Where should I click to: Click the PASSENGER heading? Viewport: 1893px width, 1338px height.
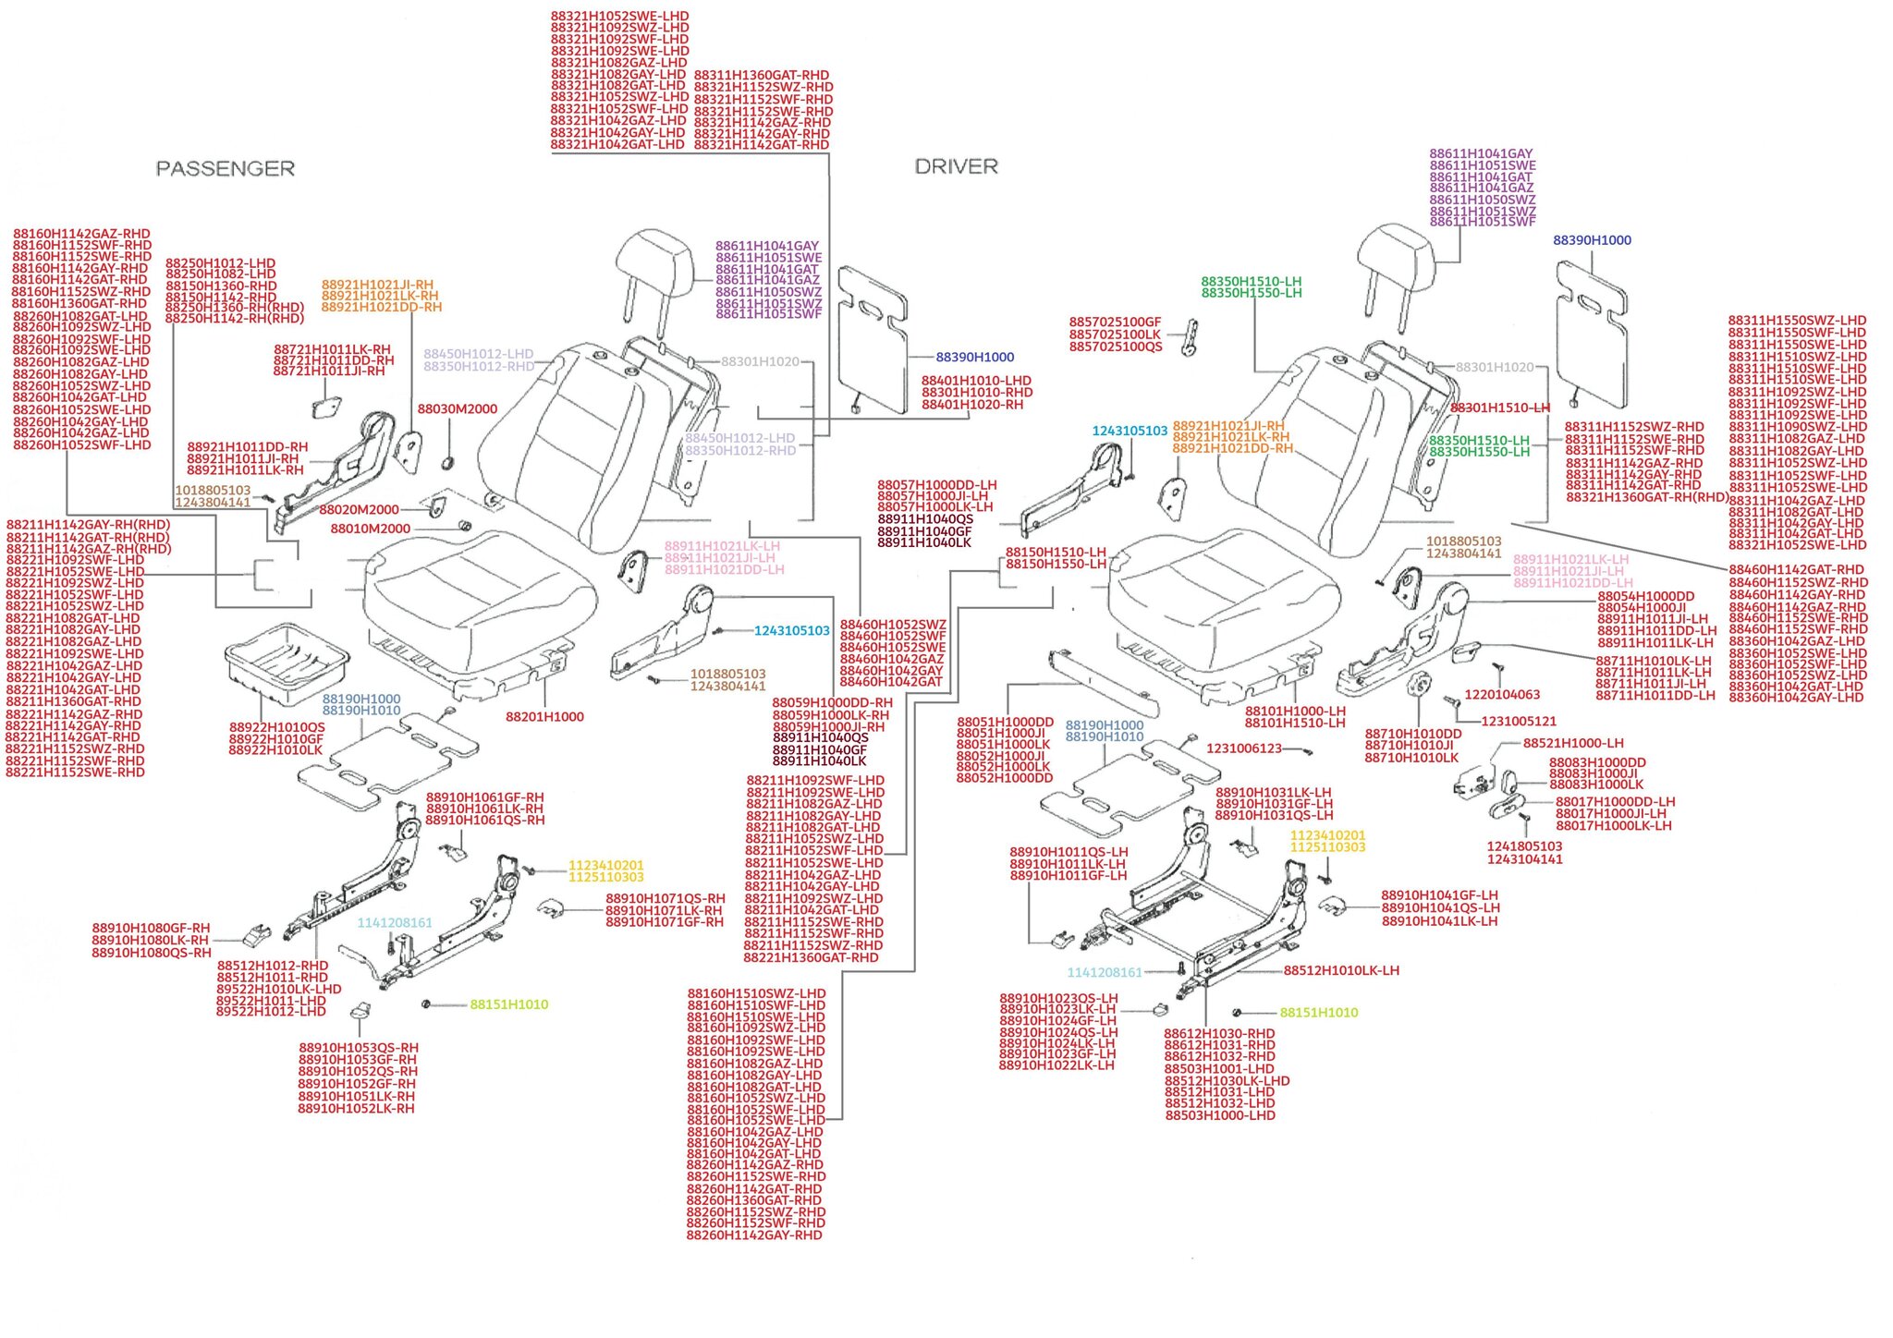225,168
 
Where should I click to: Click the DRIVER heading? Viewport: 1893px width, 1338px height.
956,166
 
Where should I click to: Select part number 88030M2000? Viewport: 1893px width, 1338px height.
457,409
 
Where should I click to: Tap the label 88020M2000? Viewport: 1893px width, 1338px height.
359,510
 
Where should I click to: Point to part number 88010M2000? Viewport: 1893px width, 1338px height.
370,529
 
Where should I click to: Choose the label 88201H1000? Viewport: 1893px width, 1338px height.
544,717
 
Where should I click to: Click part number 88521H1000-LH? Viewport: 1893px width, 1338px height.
1572,744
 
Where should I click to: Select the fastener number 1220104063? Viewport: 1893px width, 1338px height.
1502,695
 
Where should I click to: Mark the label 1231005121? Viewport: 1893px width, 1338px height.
1519,722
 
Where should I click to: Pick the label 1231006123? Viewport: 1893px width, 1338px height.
1243,748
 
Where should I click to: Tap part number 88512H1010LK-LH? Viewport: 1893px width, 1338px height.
1340,971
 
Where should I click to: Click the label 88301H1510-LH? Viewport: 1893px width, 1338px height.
1499,408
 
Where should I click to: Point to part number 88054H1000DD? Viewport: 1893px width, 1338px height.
1645,597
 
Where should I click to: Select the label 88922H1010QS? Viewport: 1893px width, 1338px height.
276,728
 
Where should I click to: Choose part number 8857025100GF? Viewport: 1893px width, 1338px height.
1115,322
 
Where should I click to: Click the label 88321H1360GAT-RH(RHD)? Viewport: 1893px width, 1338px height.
1646,497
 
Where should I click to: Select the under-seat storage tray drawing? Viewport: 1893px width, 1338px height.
286,662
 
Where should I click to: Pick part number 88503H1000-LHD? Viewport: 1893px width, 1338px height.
1219,1116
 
